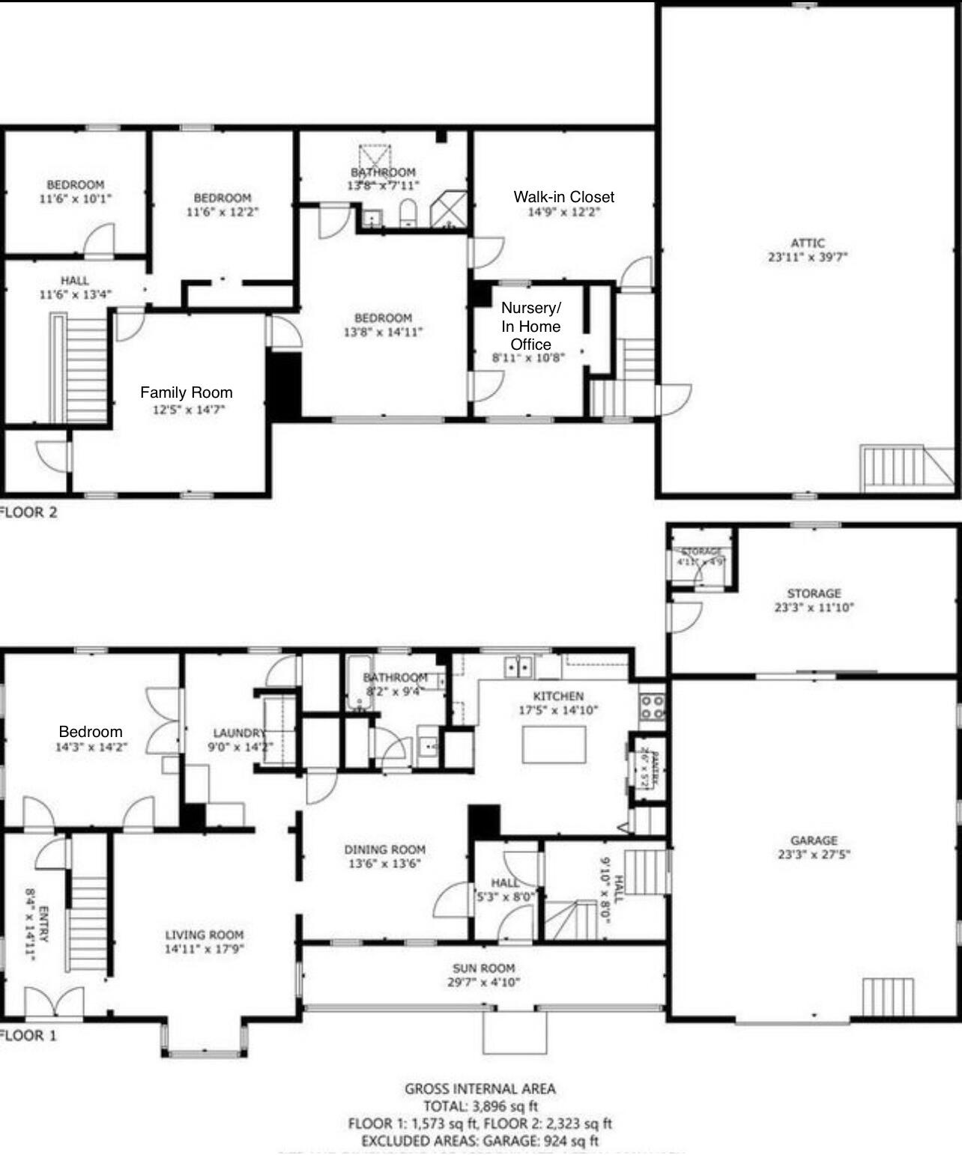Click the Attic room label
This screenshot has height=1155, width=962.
pyautogui.click(x=807, y=243)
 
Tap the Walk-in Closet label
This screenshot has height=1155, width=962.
pyautogui.click(x=563, y=197)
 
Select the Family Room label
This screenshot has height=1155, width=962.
pyautogui.click(x=186, y=392)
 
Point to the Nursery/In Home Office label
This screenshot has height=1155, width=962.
pyautogui.click(x=530, y=326)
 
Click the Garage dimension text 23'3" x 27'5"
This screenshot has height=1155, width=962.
pyautogui.click(x=813, y=854)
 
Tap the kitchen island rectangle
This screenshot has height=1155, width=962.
pyautogui.click(x=554, y=745)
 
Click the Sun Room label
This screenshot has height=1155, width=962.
pyautogui.click(x=483, y=968)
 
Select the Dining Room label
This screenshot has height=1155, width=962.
pyautogui.click(x=384, y=849)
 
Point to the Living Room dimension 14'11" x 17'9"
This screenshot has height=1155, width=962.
pyautogui.click(x=205, y=949)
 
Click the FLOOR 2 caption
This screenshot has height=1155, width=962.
pyautogui.click(x=28, y=513)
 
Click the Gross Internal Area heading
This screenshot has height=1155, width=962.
pyautogui.click(x=480, y=1089)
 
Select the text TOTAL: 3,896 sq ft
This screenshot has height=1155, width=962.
pyautogui.click(x=480, y=1106)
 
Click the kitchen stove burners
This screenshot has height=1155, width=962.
pyautogui.click(x=651, y=706)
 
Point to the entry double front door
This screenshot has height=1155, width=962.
pyautogui.click(x=54, y=1003)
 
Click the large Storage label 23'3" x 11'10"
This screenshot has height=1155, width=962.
pyautogui.click(x=814, y=594)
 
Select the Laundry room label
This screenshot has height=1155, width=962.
pyautogui.click(x=238, y=733)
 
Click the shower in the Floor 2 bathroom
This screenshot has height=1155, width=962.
pyautogui.click(x=449, y=209)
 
